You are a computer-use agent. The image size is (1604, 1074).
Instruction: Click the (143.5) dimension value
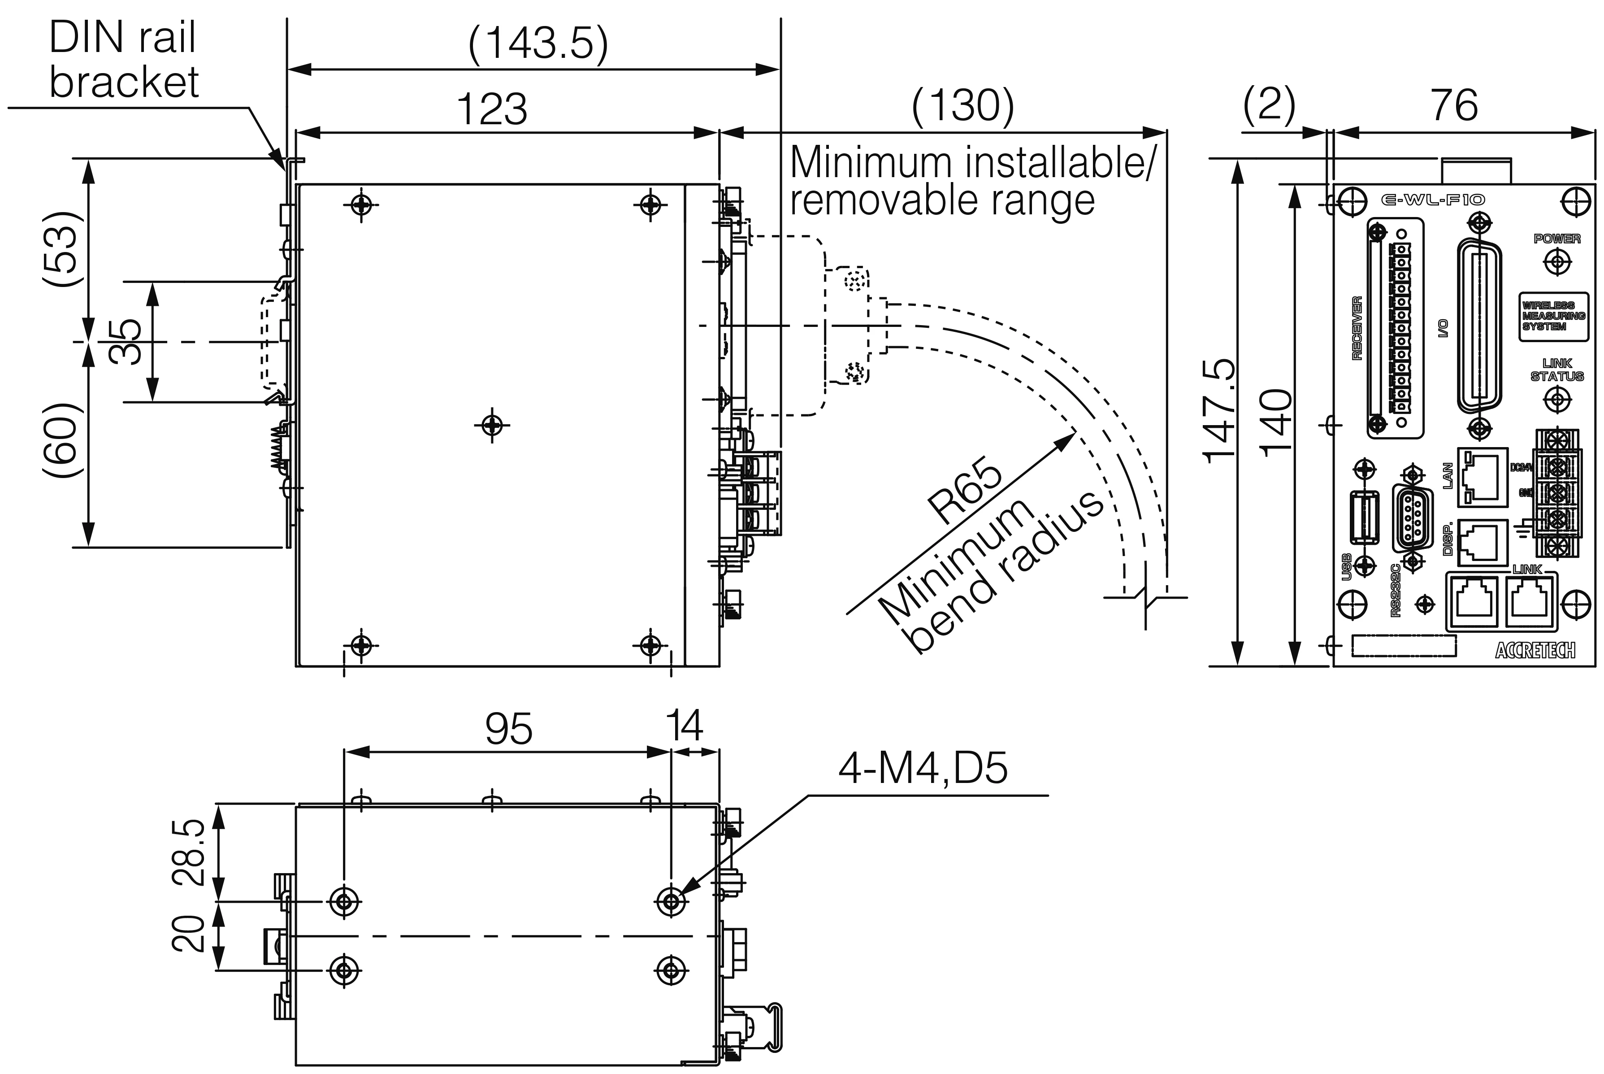(538, 45)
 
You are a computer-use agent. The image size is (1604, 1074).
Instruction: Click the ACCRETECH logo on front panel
(1535, 650)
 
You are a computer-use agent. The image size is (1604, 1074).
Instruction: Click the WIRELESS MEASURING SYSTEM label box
(1552, 316)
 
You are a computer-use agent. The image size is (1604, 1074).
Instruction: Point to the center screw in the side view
(491, 426)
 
